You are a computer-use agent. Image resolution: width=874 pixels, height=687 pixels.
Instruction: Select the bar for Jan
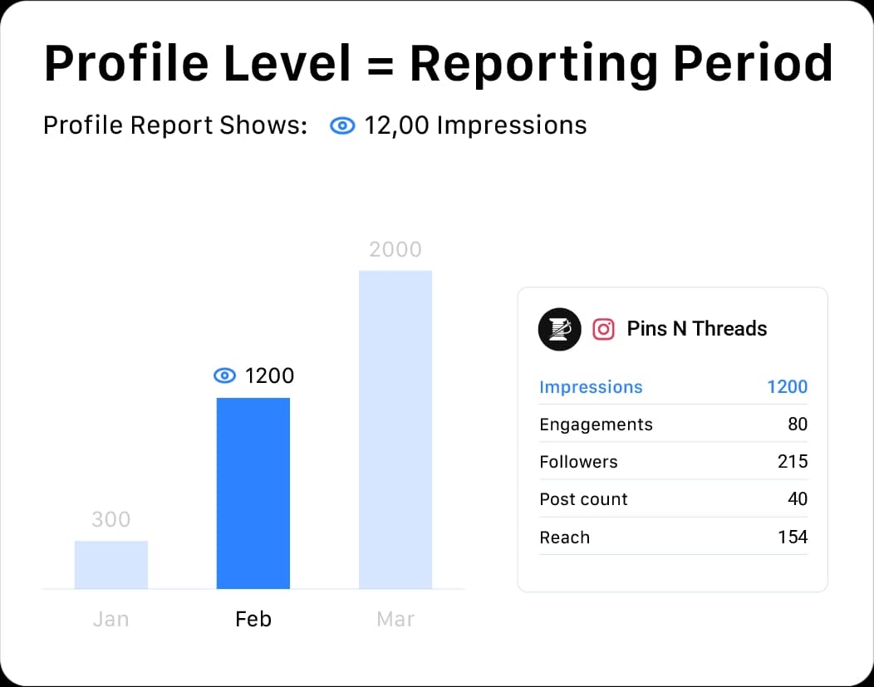coord(111,565)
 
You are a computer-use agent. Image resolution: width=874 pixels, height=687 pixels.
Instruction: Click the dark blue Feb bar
coord(253,493)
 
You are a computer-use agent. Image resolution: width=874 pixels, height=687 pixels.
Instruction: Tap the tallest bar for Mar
coord(395,429)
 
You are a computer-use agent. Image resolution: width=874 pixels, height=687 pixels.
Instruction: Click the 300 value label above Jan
coord(111,520)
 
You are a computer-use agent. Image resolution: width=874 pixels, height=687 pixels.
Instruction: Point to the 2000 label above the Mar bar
coord(395,249)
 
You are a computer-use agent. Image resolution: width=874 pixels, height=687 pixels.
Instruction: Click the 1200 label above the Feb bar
coord(269,376)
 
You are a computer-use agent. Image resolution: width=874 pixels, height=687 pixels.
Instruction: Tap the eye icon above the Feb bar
coord(225,376)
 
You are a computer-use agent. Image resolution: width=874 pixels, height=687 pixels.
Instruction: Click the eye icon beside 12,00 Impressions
coord(342,126)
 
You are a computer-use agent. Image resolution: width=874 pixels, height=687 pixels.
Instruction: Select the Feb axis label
coord(253,620)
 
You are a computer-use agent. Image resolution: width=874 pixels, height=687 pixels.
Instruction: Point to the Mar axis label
coord(395,620)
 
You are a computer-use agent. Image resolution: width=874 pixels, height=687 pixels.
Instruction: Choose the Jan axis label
coord(111,620)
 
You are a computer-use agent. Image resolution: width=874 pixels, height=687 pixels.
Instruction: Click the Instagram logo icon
coord(604,329)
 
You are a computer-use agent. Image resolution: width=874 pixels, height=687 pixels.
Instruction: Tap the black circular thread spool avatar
coord(559,329)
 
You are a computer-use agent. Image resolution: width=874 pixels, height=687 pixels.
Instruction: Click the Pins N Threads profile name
coord(696,329)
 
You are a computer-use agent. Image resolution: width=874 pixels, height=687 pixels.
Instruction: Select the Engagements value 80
coord(797,424)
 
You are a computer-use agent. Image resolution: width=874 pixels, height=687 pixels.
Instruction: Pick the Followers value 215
coord(792,462)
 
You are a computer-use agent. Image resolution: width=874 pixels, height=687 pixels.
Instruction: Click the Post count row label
coord(583,499)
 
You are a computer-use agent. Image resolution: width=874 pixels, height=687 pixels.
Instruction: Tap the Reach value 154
coord(792,537)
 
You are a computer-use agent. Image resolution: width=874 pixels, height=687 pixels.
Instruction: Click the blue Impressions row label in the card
coord(591,387)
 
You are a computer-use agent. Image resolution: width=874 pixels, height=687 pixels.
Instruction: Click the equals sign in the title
coord(379,63)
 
